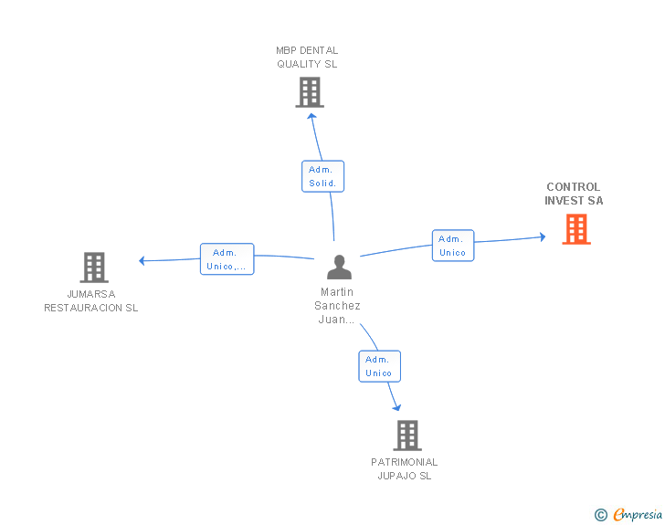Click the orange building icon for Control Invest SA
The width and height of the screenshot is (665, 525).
coord(576,229)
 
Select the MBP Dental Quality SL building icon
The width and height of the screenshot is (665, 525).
coord(310,92)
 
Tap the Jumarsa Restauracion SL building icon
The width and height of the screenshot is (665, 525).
coord(94,268)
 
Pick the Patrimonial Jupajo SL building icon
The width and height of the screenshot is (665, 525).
coord(407,436)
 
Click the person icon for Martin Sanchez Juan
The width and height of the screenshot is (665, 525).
coord(339,267)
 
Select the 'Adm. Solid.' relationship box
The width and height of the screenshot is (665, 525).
coord(322,176)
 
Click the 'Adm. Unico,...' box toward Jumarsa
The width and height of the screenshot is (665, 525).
coord(227,259)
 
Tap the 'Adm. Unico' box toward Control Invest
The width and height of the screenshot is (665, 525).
coord(453,246)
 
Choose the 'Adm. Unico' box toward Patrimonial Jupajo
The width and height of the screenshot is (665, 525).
coord(380,366)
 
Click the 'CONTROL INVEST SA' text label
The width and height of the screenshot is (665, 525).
coord(574,194)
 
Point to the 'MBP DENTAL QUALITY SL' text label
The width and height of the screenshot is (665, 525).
coord(307,58)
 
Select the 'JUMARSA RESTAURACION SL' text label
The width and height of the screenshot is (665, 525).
coord(91,300)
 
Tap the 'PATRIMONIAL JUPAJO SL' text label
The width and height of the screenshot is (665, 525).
coord(404,468)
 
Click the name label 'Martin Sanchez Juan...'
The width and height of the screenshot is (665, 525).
coord(337,306)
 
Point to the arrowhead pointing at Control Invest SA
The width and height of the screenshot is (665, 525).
coord(543,236)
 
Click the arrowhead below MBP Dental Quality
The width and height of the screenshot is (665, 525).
coord(311,116)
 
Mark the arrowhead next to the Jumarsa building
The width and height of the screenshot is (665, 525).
coord(142,261)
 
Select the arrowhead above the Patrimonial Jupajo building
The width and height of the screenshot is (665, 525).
coord(397,408)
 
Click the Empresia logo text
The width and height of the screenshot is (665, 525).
coord(638,515)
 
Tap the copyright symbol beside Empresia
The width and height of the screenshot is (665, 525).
coord(601,515)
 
